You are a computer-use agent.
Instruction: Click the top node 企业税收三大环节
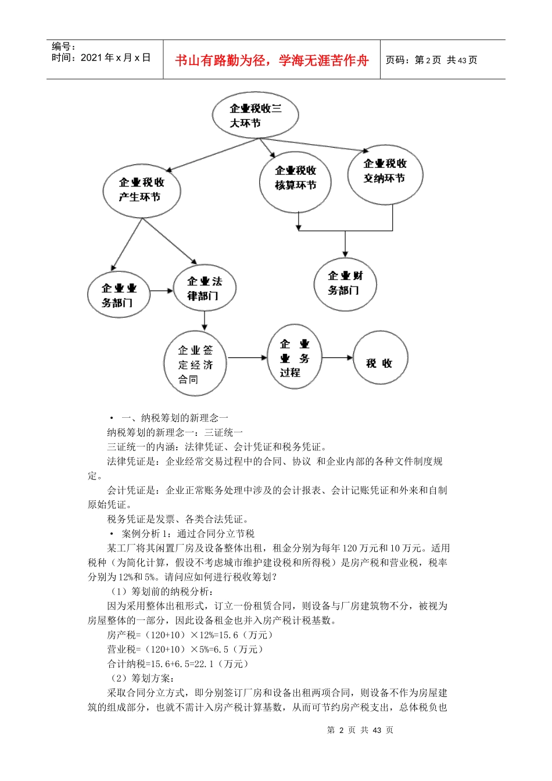tap(255, 115)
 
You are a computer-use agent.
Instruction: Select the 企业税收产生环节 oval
tap(141, 190)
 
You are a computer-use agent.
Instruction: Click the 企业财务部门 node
tap(345, 284)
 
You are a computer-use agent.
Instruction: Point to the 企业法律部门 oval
tap(204, 288)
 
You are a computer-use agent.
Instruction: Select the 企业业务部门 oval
tap(119, 295)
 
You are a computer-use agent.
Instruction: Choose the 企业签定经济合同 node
tap(195, 364)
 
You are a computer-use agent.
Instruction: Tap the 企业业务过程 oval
tap(294, 357)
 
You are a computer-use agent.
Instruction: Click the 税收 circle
tap(381, 358)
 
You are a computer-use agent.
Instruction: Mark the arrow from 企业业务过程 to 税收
tap(337, 357)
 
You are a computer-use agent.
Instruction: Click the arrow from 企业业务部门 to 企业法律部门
tap(162, 289)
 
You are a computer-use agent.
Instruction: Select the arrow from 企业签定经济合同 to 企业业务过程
tap(246, 358)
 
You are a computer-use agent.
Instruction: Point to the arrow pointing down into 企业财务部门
tap(345, 245)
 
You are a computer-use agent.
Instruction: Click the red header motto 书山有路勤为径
tap(271, 60)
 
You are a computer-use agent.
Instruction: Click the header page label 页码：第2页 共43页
tap(431, 60)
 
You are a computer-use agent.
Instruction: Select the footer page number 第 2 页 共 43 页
tap(360, 730)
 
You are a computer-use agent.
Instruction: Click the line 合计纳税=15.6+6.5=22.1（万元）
tap(178, 664)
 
